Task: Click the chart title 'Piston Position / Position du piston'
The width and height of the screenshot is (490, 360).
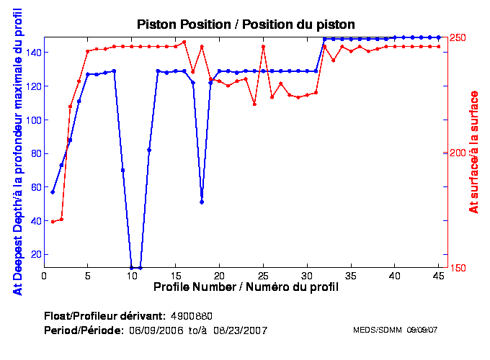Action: (245, 24)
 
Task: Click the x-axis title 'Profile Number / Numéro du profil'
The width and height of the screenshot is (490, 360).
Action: (246, 287)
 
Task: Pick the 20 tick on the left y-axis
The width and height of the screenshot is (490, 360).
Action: (34, 254)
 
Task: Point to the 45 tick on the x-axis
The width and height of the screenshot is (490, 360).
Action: (438, 275)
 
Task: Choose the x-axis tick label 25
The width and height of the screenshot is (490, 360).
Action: (263, 275)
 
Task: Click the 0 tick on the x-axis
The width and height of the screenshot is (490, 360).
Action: (44, 275)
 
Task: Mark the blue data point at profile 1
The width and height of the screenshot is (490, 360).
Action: (53, 192)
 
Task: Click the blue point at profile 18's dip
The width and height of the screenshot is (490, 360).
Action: (202, 202)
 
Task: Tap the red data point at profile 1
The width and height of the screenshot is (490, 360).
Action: (53, 222)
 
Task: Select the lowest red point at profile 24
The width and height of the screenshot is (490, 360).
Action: (254, 104)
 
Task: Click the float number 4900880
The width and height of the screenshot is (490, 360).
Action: (192, 316)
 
